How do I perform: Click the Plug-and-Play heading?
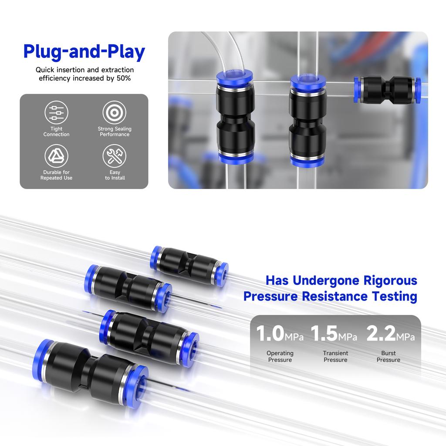(84, 51)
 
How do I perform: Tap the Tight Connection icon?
(57, 112)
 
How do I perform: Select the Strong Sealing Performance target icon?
(114, 112)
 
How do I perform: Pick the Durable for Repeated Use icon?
(57, 156)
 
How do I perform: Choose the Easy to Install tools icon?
(114, 156)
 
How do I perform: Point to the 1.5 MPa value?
(334, 334)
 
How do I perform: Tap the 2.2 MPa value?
(390, 334)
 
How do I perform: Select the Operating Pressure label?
(280, 356)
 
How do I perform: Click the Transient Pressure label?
(335, 356)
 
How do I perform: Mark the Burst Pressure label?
(388, 356)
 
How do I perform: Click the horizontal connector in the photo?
(387, 90)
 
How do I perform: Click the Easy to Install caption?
(115, 175)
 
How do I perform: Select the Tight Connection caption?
(57, 132)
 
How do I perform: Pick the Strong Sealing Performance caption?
(115, 132)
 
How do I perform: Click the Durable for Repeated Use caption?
(57, 175)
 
